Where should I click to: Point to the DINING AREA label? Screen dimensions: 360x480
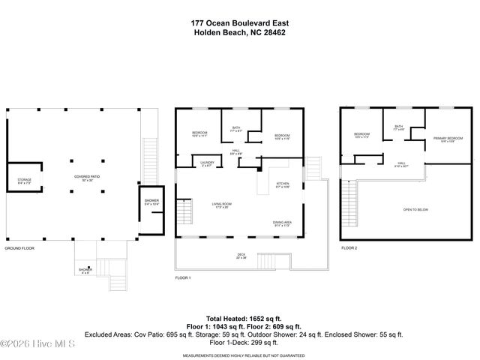(283, 223)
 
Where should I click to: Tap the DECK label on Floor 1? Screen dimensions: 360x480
(241, 256)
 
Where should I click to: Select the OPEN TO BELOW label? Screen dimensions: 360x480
(415, 209)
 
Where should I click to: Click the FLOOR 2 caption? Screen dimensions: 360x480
(349, 247)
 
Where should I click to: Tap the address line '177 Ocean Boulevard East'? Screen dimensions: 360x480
(239, 22)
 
